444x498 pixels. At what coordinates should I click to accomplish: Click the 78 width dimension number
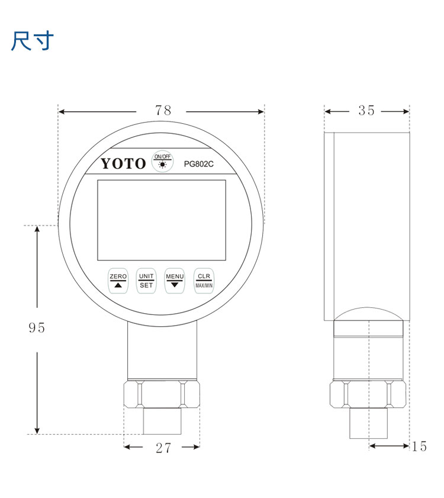(x=163, y=111)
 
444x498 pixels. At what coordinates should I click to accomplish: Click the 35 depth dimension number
(x=366, y=111)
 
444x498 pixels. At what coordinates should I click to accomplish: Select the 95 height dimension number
(x=37, y=327)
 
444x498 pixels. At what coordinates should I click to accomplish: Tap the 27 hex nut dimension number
(x=163, y=448)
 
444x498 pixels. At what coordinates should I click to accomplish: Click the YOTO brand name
(x=123, y=163)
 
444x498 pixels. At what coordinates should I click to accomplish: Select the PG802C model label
(x=198, y=164)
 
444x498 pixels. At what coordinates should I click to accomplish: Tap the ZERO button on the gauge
(x=118, y=281)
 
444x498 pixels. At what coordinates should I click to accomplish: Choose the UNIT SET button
(x=146, y=281)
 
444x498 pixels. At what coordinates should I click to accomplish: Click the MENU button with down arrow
(x=175, y=281)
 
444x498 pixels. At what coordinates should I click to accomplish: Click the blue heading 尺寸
(x=33, y=41)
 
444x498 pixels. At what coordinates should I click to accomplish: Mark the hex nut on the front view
(x=162, y=394)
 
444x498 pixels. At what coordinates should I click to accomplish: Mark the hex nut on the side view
(x=368, y=394)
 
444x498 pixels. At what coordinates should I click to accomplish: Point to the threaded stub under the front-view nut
(x=161, y=421)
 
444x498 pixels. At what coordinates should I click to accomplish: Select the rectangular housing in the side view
(x=366, y=225)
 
